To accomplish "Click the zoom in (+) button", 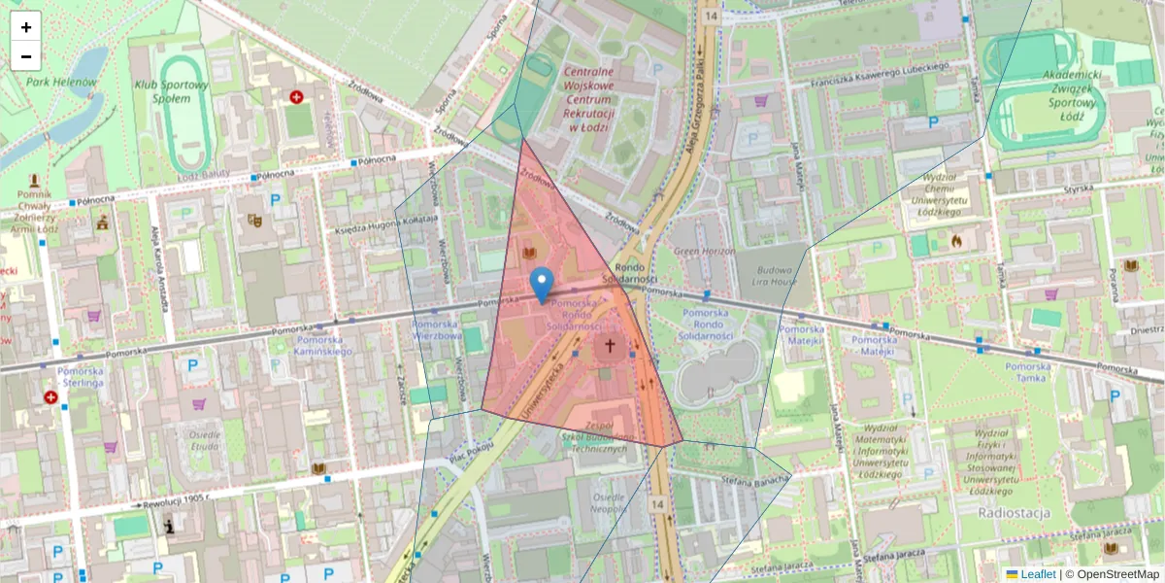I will [26, 27].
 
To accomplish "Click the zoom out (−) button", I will [26, 56].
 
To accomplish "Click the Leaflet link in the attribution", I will [1037, 574].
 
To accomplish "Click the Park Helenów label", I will [61, 83].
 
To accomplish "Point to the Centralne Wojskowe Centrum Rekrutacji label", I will [588, 99].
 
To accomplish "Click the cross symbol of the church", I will [611, 345].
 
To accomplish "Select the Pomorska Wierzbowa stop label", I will [436, 330].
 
